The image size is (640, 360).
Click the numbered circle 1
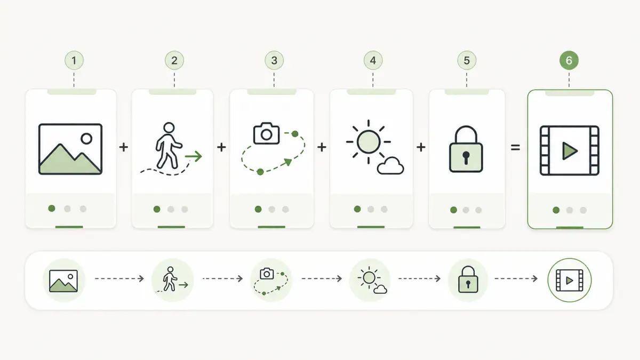click(x=74, y=60)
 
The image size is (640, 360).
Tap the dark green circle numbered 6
click(x=569, y=60)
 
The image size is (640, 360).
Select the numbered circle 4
click(x=373, y=60)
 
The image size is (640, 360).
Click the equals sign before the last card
click(x=515, y=147)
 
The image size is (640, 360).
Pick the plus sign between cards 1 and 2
click(x=123, y=147)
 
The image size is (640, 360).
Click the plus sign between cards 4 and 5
click(x=421, y=147)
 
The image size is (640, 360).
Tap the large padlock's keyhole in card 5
click(x=466, y=158)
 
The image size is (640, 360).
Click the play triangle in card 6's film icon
click(x=570, y=150)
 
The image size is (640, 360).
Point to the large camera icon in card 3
click(x=266, y=133)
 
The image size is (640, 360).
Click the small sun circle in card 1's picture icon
click(x=86, y=139)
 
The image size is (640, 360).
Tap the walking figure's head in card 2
click(x=169, y=127)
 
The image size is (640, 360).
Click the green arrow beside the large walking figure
click(x=194, y=156)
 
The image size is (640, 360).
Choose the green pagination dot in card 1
click(x=52, y=209)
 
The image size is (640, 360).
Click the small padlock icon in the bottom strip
click(x=468, y=279)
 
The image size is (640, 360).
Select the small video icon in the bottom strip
click(x=570, y=281)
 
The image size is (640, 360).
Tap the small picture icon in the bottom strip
click(x=63, y=281)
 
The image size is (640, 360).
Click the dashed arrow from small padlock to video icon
click(x=516, y=278)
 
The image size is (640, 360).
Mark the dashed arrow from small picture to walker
click(x=119, y=278)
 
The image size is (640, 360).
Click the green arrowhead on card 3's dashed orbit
click(x=288, y=162)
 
